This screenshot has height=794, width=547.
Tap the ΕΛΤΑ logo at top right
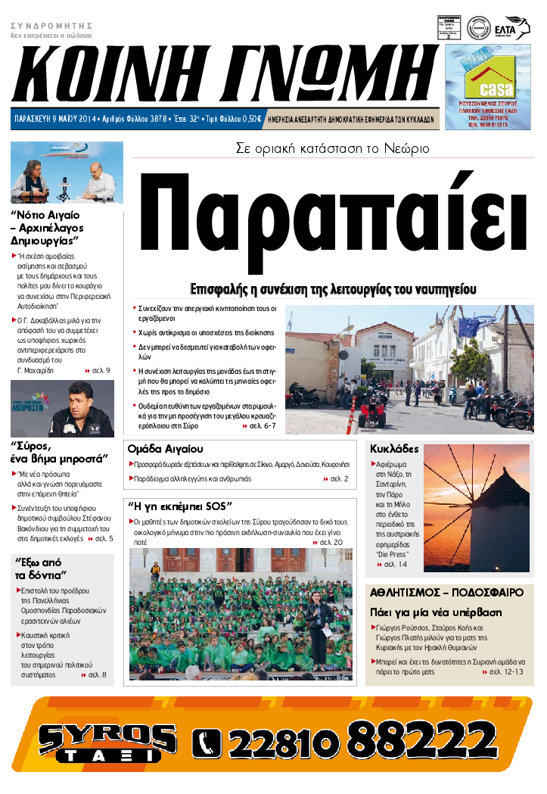coord(517,28)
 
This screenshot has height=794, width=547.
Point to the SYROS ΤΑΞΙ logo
coord(106,742)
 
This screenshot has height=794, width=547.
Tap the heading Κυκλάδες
coord(394,448)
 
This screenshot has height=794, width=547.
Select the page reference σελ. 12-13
coord(506,671)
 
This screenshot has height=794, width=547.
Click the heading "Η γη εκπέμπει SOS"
coord(180,506)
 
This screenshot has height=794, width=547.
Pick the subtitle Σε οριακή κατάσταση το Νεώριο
coord(332,148)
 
